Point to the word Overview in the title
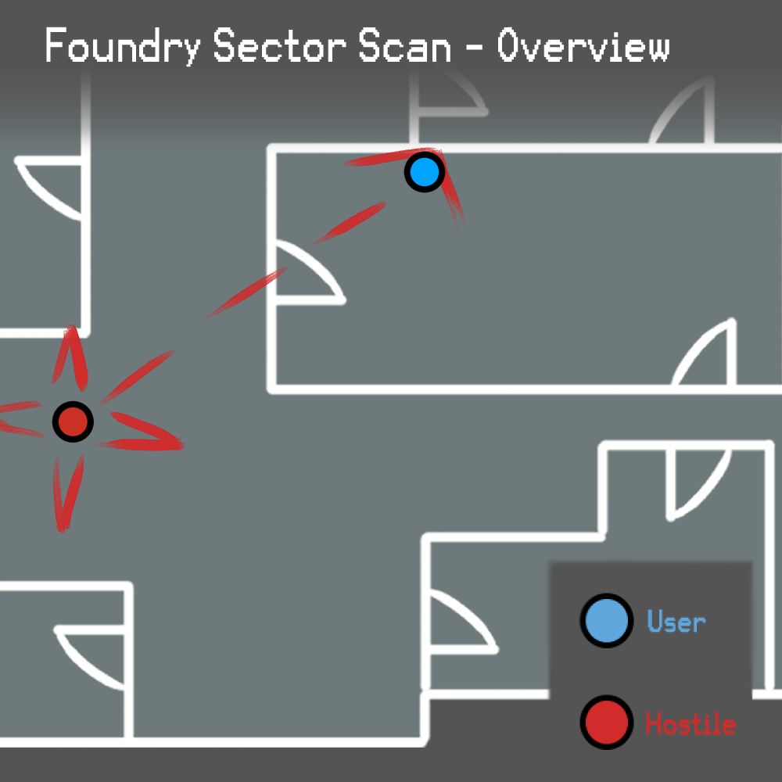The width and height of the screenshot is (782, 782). tap(583, 47)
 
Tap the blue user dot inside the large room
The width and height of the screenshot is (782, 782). tap(424, 172)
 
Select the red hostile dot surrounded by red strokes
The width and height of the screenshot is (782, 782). tap(73, 422)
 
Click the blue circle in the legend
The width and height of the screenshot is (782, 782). tap(606, 621)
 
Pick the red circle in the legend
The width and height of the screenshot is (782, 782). tap(606, 722)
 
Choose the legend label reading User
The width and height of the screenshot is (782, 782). tap(676, 622)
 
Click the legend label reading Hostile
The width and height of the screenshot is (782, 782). tap(691, 723)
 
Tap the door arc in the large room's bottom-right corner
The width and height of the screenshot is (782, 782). tap(708, 356)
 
